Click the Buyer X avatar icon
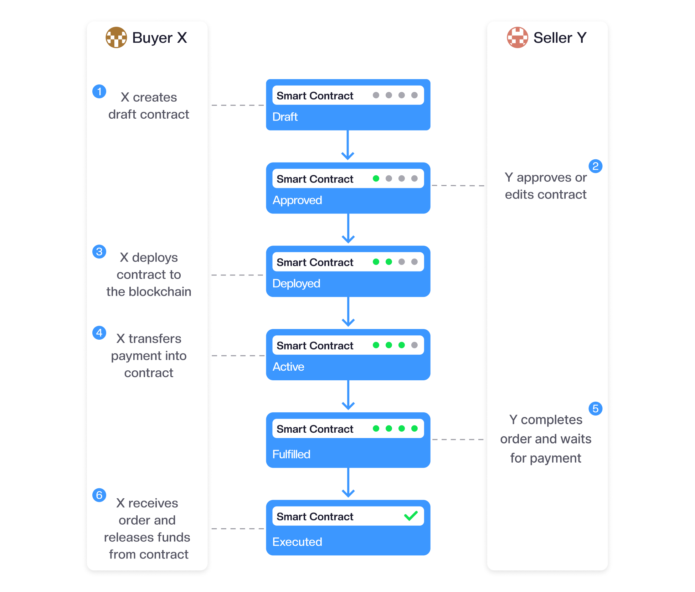[116, 37]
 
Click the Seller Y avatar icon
[518, 37]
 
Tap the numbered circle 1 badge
[99, 92]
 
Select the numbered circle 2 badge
[596, 166]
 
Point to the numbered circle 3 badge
[99, 252]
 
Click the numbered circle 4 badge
[99, 333]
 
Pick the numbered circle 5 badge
[596, 408]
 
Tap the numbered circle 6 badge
[99, 495]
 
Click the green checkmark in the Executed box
[411, 516]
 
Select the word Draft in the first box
[285, 117]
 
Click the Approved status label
[297, 200]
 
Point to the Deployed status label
[296, 284]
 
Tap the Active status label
[288, 367]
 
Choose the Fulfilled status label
[291, 454]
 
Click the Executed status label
[297, 542]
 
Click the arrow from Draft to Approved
[348, 145]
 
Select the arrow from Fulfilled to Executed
[348, 483]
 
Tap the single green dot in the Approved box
[376, 179]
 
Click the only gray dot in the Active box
[415, 345]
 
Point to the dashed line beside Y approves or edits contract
[458, 186]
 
